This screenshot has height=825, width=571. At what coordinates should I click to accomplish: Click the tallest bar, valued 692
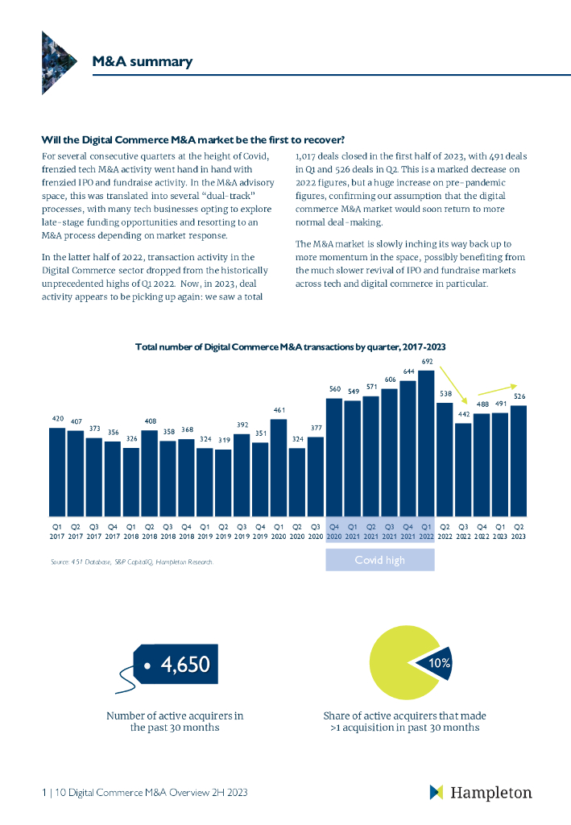pos(427,443)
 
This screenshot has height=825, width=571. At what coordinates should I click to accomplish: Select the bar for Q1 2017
pos(57,471)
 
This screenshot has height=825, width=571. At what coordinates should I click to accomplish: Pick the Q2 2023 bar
pos(519,460)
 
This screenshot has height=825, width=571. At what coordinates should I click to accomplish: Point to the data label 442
pos(464,414)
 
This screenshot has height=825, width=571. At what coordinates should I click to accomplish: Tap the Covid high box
pos(380,561)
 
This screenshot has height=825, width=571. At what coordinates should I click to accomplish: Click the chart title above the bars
pos(291,346)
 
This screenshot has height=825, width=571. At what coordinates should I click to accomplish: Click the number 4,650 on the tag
pos(185,665)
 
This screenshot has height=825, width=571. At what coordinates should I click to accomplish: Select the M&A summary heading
pos(142,61)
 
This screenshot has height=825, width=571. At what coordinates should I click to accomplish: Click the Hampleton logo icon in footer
pos(437,792)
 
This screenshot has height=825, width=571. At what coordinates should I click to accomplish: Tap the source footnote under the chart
pos(132,562)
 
